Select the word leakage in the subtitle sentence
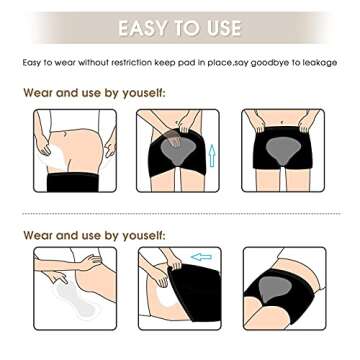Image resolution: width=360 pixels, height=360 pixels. pyautogui.click(x=319, y=62)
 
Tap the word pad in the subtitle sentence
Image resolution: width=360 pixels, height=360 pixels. pyautogui.click(x=199, y=62)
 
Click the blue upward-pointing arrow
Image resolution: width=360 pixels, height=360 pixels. pyautogui.click(x=211, y=157)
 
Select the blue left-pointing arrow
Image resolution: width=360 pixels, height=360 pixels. pyautogui.click(x=202, y=257)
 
